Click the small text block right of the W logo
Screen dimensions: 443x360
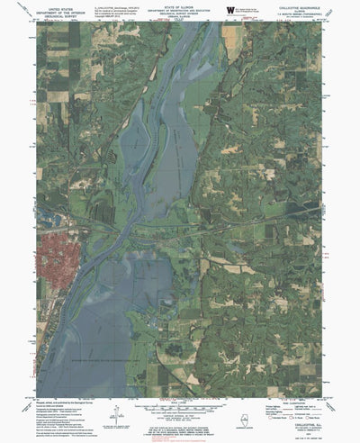255,9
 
